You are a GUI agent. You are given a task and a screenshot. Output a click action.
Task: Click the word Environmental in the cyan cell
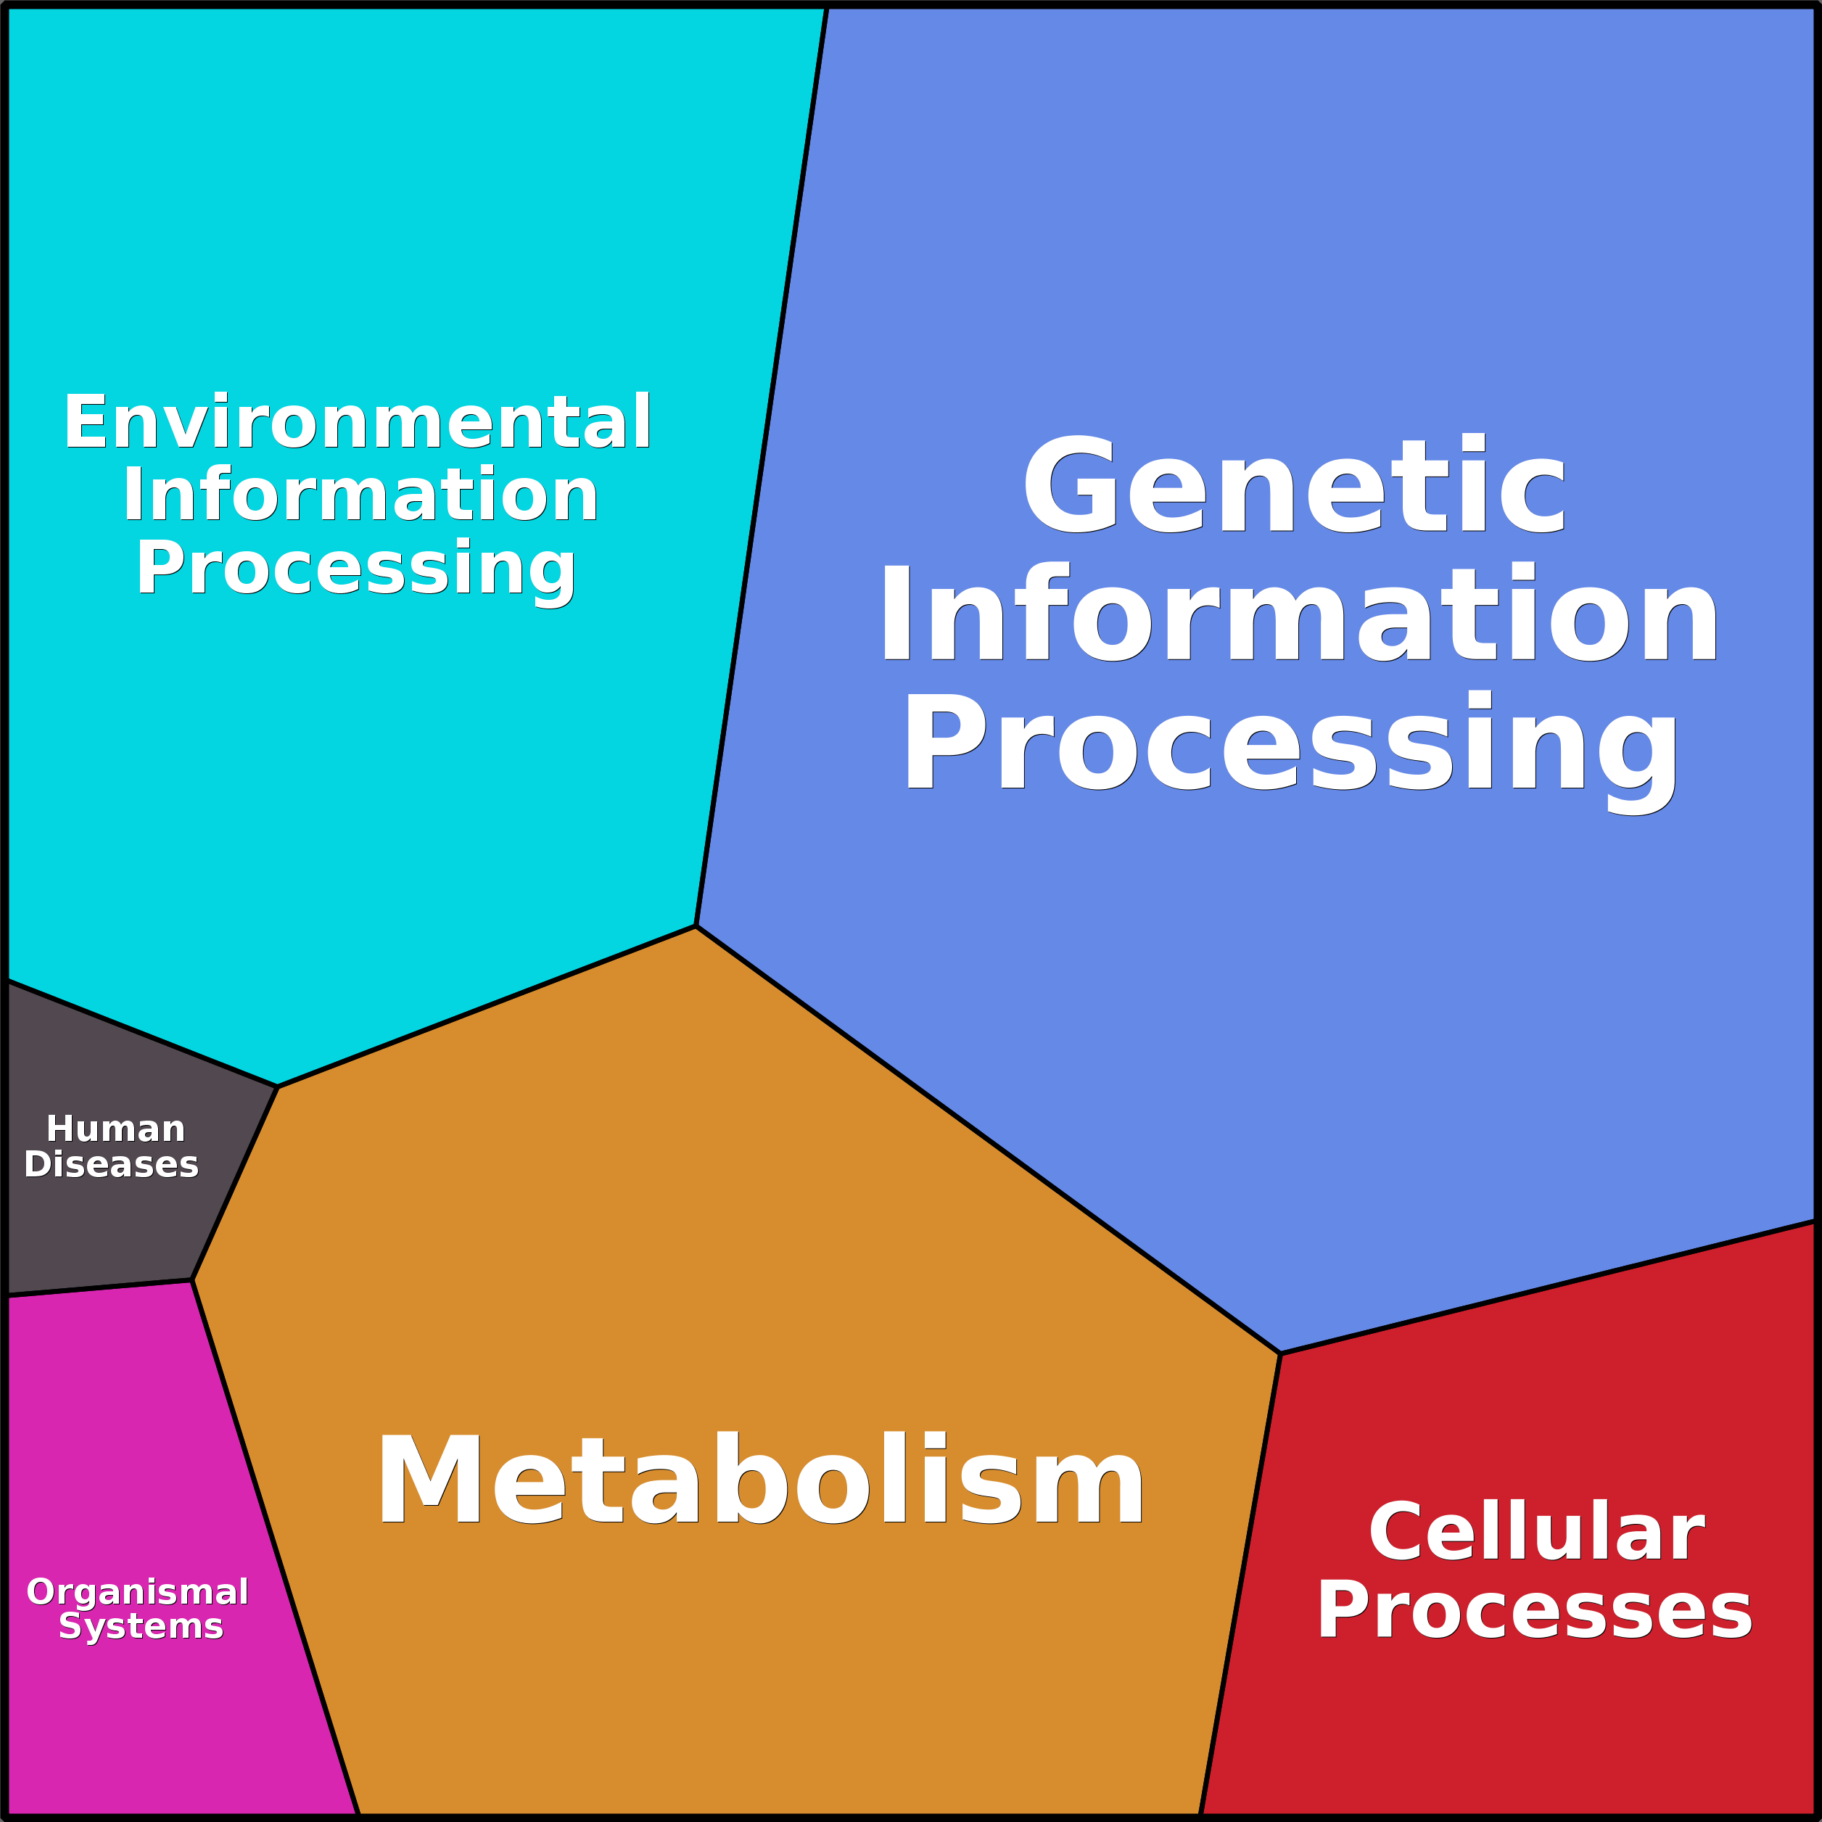tap(358, 421)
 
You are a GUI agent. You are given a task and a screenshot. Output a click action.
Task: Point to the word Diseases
tap(111, 1165)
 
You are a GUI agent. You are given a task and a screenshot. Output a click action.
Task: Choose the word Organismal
tap(138, 1592)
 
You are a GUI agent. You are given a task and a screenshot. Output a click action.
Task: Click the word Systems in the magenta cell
tap(141, 1627)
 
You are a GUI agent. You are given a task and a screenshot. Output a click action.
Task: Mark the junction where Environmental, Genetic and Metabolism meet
tap(695, 926)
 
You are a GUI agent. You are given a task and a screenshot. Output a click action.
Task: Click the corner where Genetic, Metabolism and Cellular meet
tap(1279, 1353)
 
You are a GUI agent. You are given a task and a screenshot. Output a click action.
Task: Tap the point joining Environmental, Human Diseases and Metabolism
tap(277, 1087)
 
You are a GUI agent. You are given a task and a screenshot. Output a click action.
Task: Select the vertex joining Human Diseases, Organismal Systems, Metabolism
tap(192, 1279)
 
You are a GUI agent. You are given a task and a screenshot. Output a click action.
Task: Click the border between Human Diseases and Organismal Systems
tap(99, 1288)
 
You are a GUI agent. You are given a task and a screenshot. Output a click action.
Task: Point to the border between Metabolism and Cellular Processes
tap(1240, 1584)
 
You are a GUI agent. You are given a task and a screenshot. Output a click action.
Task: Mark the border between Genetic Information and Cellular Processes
tap(1548, 1287)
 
